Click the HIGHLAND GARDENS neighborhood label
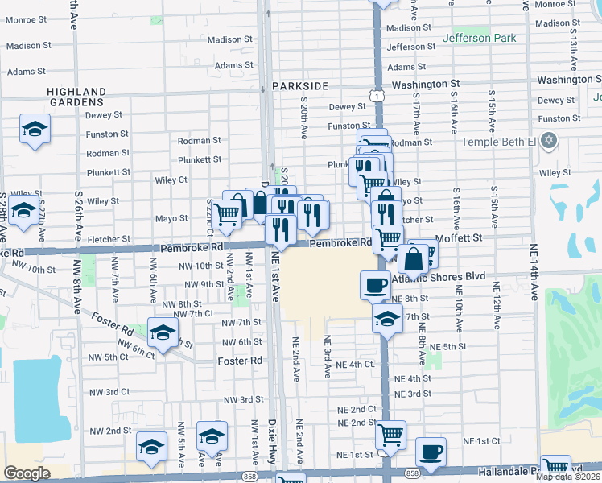coord(77,97)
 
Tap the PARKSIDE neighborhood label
coord(300,85)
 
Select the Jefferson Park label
coord(478,37)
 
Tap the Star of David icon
coord(550,142)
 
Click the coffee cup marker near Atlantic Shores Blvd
coord(376,286)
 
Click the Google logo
coord(27,473)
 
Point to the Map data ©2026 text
coord(568,477)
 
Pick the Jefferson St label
coord(406,47)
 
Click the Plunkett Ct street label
coord(200,159)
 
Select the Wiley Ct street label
coord(168,180)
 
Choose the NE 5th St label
coord(448,346)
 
